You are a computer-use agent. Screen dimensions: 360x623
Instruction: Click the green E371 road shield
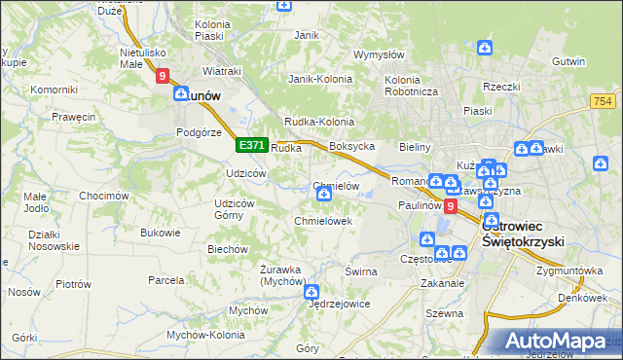point(251,145)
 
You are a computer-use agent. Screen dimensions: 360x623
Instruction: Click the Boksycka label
point(352,147)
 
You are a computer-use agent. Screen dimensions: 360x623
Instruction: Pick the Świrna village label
point(360,271)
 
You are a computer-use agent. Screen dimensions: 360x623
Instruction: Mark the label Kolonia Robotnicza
point(414,86)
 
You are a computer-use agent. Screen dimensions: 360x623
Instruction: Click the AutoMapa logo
point(557,342)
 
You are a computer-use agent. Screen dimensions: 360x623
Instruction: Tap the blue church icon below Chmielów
point(323,197)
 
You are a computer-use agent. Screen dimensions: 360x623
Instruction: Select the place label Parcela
point(165,279)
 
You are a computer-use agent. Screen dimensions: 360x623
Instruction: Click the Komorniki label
point(54,90)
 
